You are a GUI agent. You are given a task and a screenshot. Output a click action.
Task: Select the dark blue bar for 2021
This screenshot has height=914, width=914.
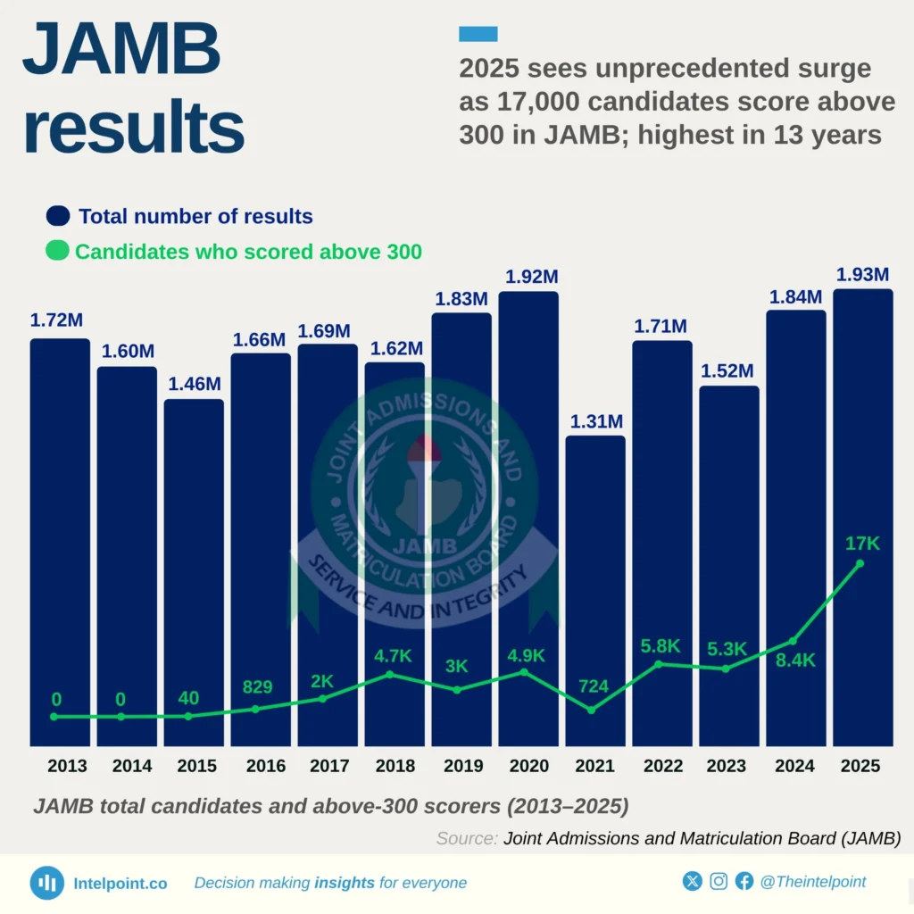click(x=595, y=589)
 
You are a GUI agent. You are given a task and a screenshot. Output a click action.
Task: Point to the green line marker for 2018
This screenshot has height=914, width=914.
click(x=390, y=675)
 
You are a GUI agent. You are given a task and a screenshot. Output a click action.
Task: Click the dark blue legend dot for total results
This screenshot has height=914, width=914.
click(x=58, y=216)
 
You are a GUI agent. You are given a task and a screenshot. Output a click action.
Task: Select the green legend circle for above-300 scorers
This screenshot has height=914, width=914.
click(x=58, y=252)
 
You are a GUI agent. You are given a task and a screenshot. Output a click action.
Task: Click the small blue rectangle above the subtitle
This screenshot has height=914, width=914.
click(x=478, y=34)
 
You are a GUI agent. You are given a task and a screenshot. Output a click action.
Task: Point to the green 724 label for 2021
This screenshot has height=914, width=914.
click(x=594, y=686)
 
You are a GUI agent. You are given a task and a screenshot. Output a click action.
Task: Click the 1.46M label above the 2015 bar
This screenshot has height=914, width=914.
click(x=194, y=384)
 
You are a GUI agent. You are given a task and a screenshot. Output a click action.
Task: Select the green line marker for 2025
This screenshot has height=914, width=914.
click(x=860, y=563)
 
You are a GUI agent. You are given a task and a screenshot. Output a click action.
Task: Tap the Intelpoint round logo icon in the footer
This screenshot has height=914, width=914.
click(x=47, y=883)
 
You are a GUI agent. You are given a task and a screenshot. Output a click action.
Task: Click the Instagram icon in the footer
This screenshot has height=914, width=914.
click(x=719, y=882)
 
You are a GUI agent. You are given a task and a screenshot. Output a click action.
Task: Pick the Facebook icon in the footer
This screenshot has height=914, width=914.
click(x=744, y=882)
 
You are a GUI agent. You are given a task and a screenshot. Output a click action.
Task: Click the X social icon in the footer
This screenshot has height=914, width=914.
click(x=693, y=882)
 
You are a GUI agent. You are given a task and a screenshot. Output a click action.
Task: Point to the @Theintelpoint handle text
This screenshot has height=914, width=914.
click(x=812, y=882)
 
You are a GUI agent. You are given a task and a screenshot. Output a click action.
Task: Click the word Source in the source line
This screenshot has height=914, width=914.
click(x=467, y=838)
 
